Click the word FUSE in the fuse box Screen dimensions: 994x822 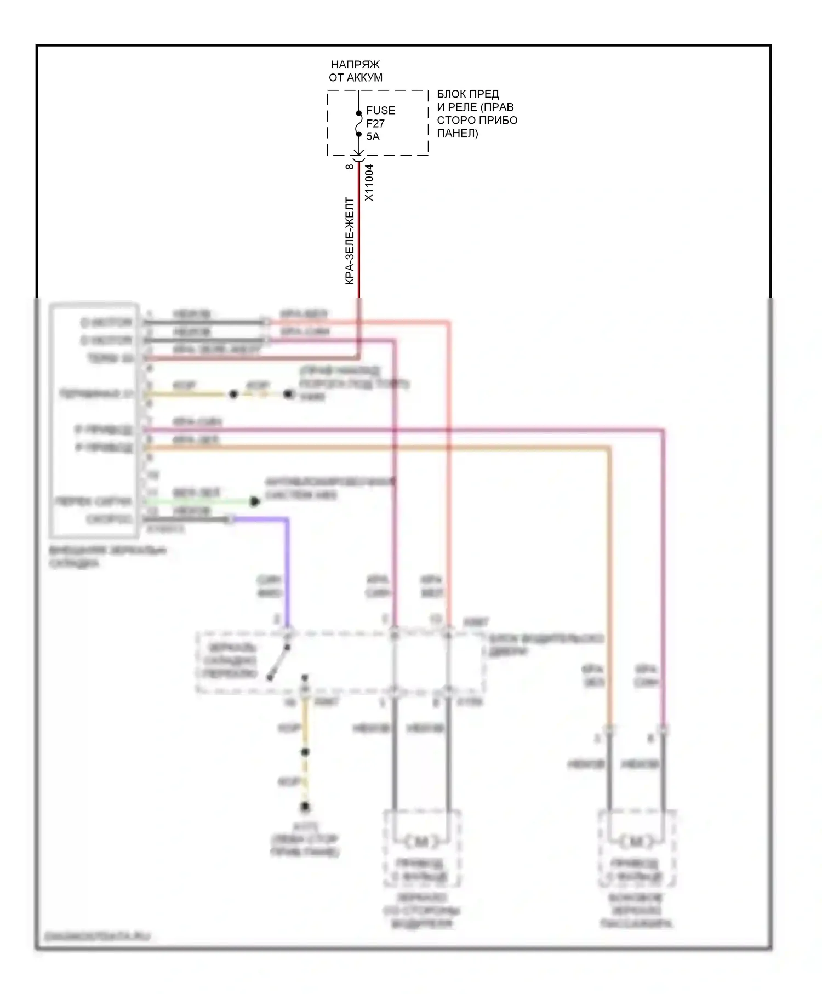point(380,110)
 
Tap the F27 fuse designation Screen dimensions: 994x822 point(375,123)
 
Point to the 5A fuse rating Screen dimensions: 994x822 point(373,136)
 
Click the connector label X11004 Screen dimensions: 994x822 point(369,182)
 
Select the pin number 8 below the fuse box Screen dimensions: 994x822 point(350,166)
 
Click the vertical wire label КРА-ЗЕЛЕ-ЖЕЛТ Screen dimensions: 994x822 point(350,241)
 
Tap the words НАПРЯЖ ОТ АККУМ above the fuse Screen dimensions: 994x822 point(355,71)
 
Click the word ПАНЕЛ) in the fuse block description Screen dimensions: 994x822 point(457,133)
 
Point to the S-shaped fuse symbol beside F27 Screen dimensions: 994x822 point(359,123)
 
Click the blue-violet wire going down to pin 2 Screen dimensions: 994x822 point(287,570)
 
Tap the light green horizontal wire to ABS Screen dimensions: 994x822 point(197,501)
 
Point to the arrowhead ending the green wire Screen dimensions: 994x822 point(254,501)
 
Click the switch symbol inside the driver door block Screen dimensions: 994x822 point(278,663)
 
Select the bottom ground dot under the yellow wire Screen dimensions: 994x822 point(305,807)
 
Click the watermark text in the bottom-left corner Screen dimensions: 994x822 point(97,936)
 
